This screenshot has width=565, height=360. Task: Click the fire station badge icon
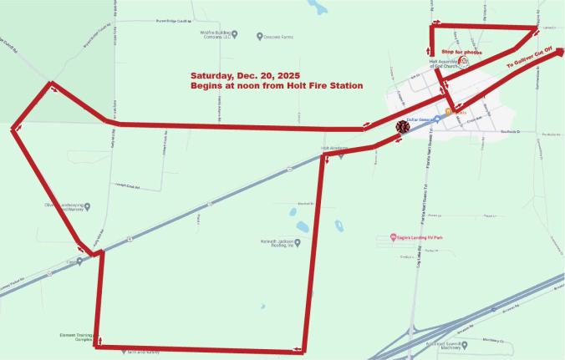pyautogui.click(x=402, y=128)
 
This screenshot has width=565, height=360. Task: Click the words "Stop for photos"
pyautogui.click(x=461, y=52)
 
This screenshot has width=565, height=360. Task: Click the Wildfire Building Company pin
pyautogui.click(x=235, y=35)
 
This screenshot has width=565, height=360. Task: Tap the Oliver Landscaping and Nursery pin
pyautogui.click(x=88, y=205)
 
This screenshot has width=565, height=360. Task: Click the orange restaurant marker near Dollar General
pyautogui.click(x=448, y=110)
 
